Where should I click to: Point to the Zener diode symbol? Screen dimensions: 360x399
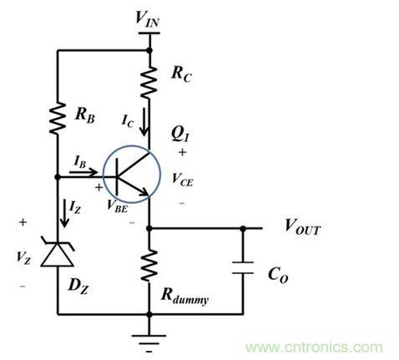coord(58,250)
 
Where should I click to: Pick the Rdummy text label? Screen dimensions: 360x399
coord(186,293)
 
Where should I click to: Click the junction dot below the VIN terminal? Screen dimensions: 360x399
coord(150,49)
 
